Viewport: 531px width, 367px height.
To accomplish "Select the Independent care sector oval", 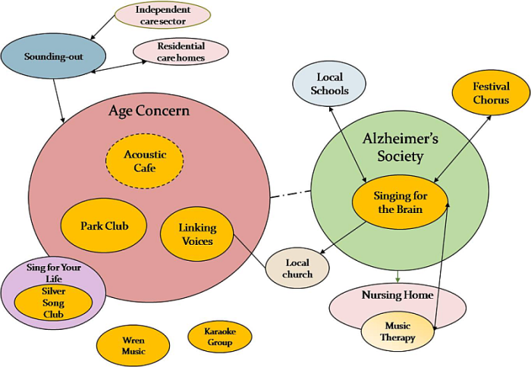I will [162, 15].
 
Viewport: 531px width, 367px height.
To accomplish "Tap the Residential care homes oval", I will [181, 52].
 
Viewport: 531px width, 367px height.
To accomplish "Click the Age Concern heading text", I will [149, 111].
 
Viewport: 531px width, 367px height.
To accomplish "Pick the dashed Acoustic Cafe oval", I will [145, 161].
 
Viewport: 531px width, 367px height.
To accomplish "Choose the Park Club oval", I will [105, 226].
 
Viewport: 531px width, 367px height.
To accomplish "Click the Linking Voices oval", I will [197, 234].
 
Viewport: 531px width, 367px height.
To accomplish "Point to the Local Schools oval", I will [329, 83].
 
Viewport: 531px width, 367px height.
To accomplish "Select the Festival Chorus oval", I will [490, 93].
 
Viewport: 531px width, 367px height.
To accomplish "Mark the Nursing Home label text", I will [397, 295].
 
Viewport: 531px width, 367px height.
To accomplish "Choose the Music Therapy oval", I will [398, 332].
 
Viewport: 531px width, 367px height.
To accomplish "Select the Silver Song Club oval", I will [53, 303].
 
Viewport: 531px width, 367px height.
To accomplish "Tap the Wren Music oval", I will [134, 345].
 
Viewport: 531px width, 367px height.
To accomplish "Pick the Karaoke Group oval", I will [219, 337].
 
